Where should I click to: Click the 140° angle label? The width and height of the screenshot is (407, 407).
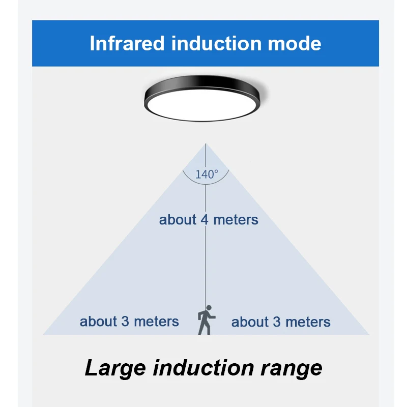pos(206,174)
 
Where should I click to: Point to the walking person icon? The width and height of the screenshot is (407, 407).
pos(206,321)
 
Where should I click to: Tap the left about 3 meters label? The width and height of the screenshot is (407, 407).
pos(129,322)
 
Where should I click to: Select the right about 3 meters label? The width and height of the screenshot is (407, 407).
pos(281,322)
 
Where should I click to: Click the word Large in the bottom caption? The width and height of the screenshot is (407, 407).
pos(115,367)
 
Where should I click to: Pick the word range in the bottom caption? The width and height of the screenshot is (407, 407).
pos(292,367)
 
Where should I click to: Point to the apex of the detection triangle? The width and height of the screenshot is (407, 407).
pos(206,144)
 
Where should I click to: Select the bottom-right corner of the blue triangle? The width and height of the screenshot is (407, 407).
pos(368,334)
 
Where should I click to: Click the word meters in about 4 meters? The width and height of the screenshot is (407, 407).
pos(236,220)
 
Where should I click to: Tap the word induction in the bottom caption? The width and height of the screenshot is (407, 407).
pos(202,367)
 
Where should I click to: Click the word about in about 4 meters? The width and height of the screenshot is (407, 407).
pos(178,220)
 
